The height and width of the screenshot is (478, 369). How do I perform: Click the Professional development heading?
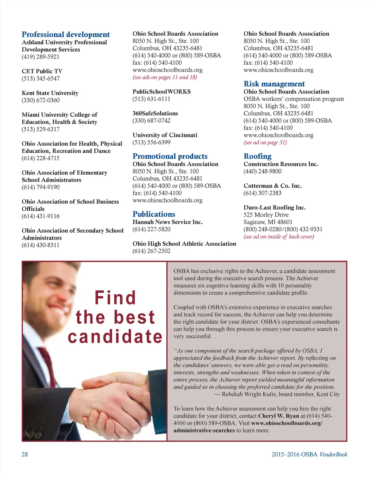click(66, 35)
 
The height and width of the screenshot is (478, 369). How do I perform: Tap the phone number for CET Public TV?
click(41, 79)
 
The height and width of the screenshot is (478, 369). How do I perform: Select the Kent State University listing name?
click(50, 93)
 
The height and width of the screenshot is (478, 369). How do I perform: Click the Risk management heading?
click(274, 84)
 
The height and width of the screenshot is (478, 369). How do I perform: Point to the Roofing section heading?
click(257, 156)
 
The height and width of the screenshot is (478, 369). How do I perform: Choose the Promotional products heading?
click(170, 156)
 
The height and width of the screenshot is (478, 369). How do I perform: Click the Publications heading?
click(154, 214)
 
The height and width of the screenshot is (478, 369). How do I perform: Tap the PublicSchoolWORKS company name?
click(161, 92)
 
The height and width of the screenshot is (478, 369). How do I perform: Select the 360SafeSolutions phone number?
click(151, 121)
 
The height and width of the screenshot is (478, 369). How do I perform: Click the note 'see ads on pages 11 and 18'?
click(165, 77)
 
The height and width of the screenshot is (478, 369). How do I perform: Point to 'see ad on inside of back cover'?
click(279, 237)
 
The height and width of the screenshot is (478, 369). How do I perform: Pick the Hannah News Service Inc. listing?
click(168, 222)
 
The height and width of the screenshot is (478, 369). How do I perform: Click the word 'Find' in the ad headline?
click(115, 298)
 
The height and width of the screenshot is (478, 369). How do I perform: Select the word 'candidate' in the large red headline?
click(115, 337)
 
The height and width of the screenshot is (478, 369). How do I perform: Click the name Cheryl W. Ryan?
click(279, 416)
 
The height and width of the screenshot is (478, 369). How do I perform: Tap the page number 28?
click(25, 455)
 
